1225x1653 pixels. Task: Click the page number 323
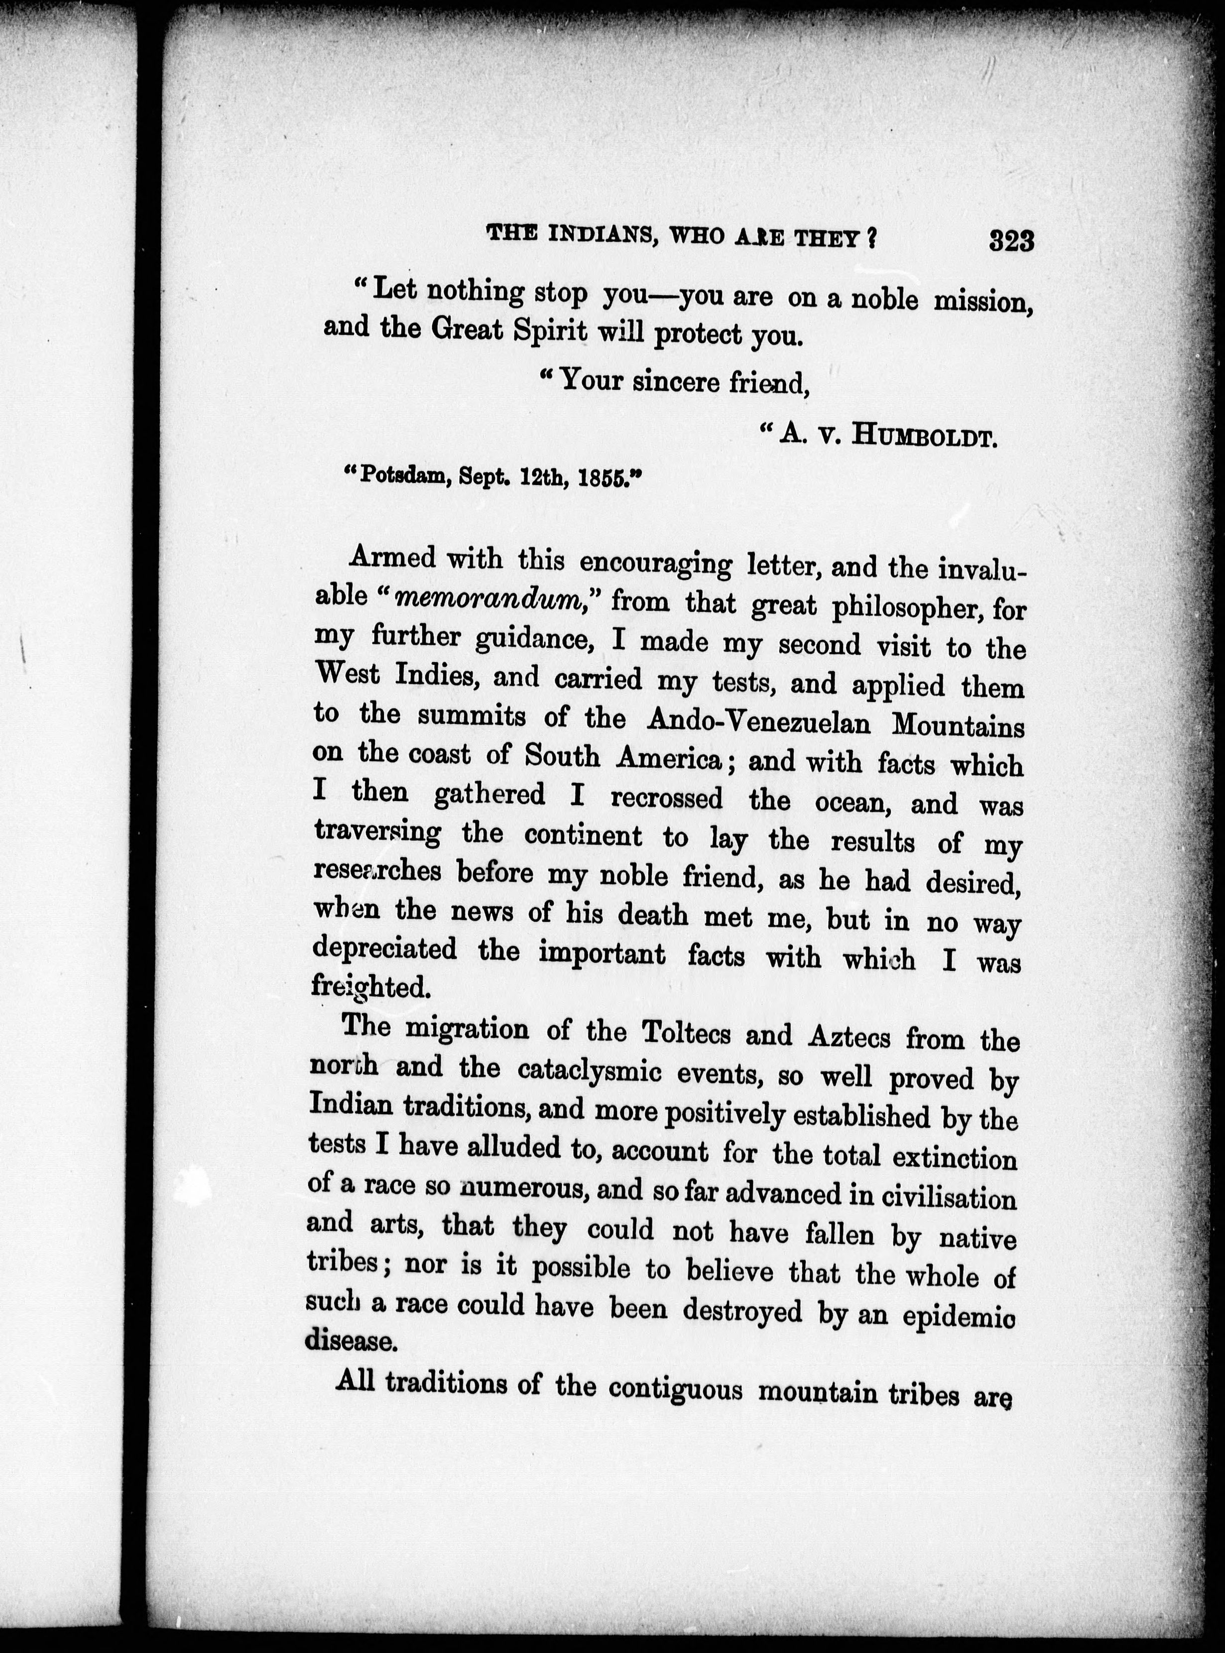pos(1011,241)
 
